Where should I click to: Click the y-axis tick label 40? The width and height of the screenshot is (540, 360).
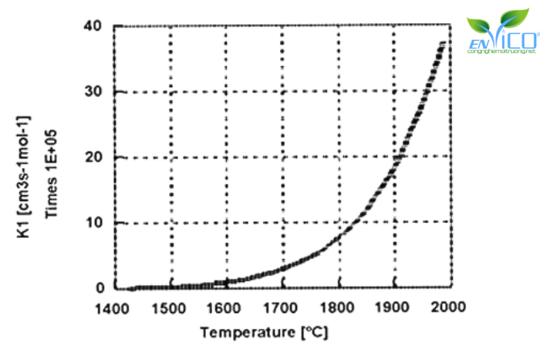point(94,26)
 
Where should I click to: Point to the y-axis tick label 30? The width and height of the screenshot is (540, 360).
point(94,92)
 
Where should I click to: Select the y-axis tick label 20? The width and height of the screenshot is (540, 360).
point(94,157)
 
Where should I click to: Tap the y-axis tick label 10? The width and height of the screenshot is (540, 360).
point(94,223)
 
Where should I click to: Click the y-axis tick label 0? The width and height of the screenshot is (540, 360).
point(99,288)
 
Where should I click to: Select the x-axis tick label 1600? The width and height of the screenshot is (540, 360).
point(225,308)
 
